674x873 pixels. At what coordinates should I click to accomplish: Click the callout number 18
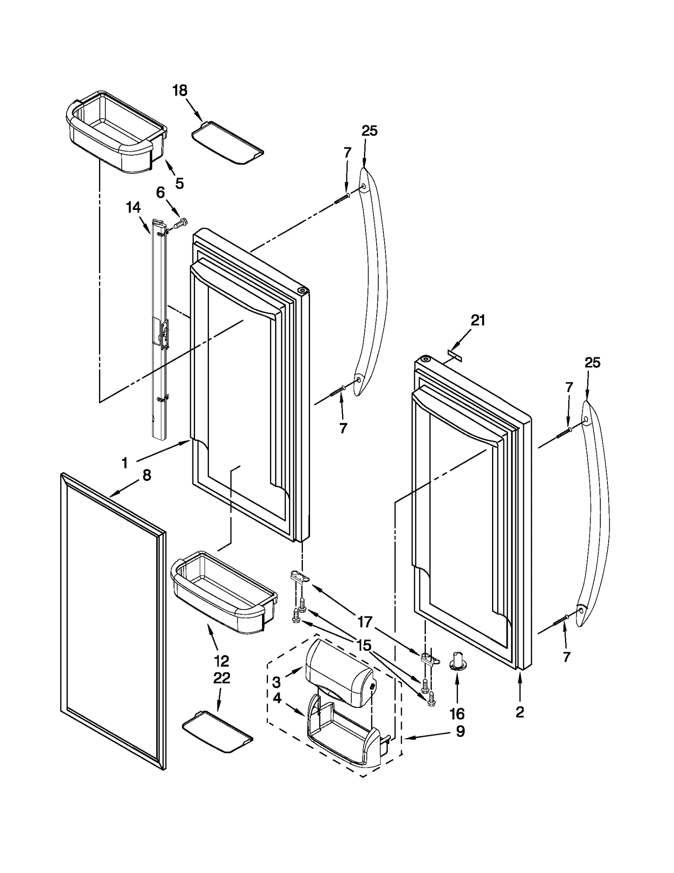180,90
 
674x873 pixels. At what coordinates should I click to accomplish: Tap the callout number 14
133,207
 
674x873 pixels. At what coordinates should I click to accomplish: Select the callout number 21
478,321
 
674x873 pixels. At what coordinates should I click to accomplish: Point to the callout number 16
457,714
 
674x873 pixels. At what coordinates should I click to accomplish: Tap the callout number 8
146,475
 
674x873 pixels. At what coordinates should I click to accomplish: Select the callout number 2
520,712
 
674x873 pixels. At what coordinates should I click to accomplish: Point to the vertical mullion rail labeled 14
157,329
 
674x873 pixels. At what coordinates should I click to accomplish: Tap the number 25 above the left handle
369,131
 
